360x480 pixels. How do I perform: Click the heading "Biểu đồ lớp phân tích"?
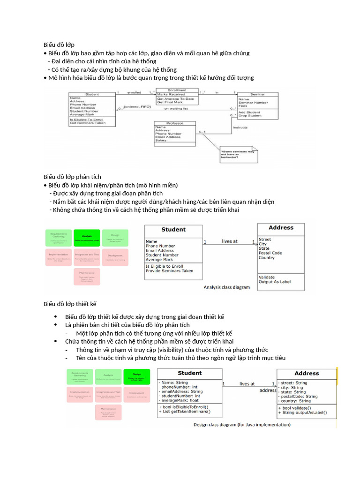(72, 177)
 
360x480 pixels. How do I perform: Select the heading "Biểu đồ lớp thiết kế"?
(70, 304)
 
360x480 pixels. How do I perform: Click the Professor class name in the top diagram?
(168, 123)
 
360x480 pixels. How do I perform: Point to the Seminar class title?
(257, 94)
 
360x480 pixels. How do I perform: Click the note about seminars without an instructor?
(238, 154)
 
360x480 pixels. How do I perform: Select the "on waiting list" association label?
(176, 109)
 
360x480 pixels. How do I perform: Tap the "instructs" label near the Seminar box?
(240, 127)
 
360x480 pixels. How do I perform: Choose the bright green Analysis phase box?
(87, 238)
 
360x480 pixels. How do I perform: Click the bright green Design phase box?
(137, 376)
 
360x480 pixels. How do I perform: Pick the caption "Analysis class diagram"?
(226, 287)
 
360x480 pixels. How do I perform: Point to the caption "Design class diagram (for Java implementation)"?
(242, 425)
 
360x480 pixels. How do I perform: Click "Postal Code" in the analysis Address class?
(270, 253)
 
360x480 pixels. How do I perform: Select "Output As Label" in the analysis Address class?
(274, 282)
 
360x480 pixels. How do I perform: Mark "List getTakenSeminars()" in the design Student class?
(185, 412)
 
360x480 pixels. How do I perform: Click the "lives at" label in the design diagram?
(247, 384)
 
